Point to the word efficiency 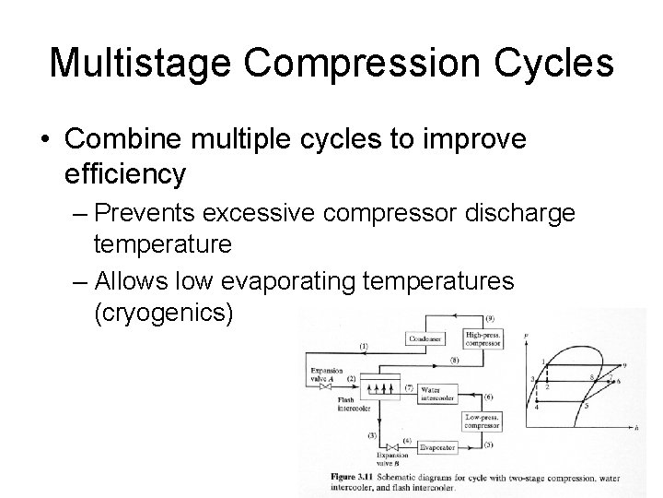pos(126,172)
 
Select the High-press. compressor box pos(484,338)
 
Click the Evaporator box pos(436,447)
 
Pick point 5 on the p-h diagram pos(586,404)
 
